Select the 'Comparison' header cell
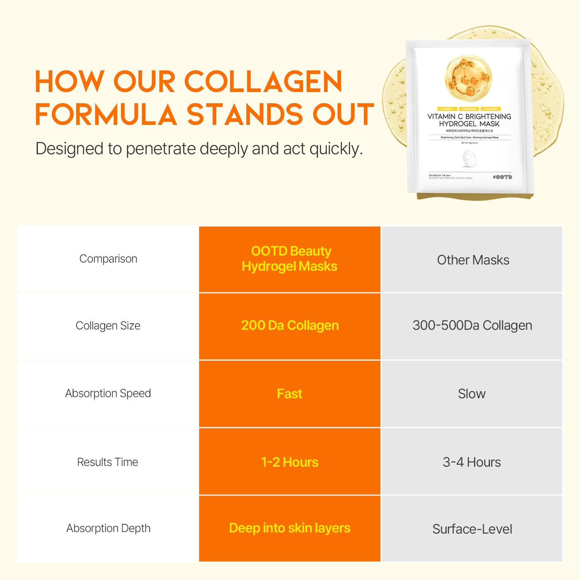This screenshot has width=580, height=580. click(x=108, y=259)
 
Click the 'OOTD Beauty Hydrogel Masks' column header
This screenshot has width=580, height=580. click(x=290, y=259)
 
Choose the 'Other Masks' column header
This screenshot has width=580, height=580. click(x=473, y=260)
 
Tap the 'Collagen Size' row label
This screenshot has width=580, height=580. click(x=108, y=326)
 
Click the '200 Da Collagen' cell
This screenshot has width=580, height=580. click(x=290, y=326)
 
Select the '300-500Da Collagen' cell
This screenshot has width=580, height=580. click(x=472, y=326)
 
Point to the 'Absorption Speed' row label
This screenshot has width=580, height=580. click(x=108, y=393)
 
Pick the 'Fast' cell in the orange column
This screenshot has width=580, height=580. click(x=290, y=394)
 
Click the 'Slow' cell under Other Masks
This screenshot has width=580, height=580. click(x=472, y=394)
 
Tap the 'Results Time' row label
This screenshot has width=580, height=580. click(x=107, y=462)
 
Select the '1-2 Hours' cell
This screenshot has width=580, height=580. click(x=290, y=462)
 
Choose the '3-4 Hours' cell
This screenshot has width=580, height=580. click(x=472, y=462)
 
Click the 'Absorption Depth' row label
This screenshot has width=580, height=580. click(x=108, y=528)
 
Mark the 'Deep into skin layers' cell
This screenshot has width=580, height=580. click(x=290, y=528)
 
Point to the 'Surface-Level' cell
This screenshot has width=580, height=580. click(x=472, y=529)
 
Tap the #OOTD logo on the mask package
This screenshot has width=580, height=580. click(x=502, y=177)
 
